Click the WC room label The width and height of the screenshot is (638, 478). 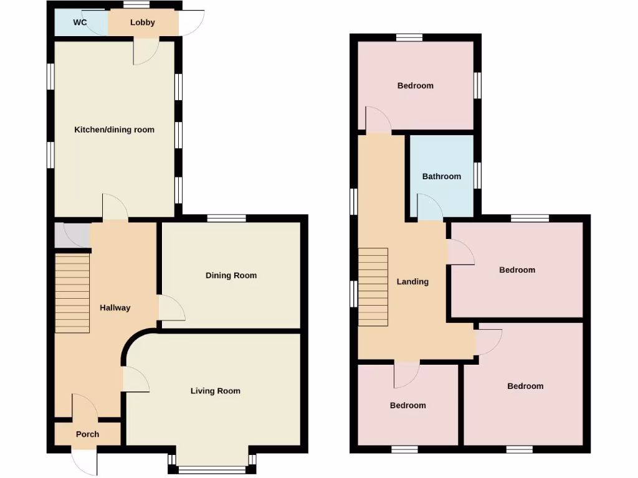(80, 22)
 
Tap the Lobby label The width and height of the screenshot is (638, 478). (143, 22)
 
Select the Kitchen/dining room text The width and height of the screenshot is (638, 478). (114, 129)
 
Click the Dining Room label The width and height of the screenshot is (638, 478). (231, 275)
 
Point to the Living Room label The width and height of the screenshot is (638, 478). (215, 391)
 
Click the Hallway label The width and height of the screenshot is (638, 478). (115, 307)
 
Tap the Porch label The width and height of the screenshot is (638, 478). (87, 434)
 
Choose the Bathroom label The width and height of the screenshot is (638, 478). (442, 176)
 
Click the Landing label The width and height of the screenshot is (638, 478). (412, 281)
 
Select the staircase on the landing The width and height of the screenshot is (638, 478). (373, 287)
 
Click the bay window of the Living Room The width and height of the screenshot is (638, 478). (212, 468)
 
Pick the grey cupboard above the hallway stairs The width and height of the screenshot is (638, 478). (72, 235)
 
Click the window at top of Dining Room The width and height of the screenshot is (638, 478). (226, 218)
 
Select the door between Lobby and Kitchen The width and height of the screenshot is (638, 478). (146, 51)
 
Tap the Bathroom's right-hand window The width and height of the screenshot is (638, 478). (478, 175)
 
